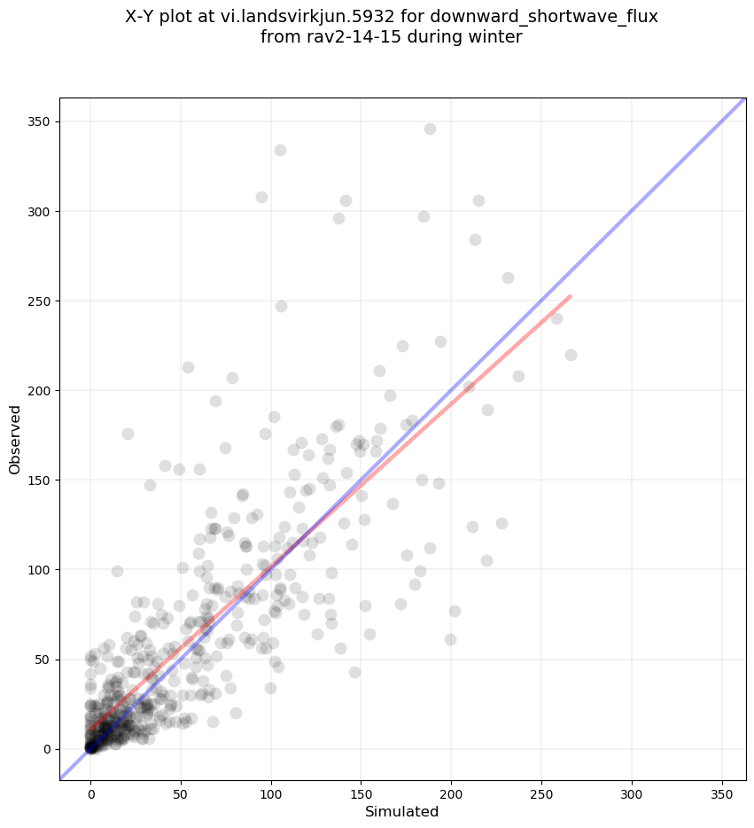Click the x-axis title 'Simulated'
pyautogui.click(x=402, y=812)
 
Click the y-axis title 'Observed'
pyautogui.click(x=15, y=439)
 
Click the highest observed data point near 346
pyautogui.click(x=430, y=129)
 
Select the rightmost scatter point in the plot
pyautogui.click(x=571, y=355)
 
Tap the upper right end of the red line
pyautogui.click(x=570, y=296)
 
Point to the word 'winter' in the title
pyautogui.click(x=497, y=37)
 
